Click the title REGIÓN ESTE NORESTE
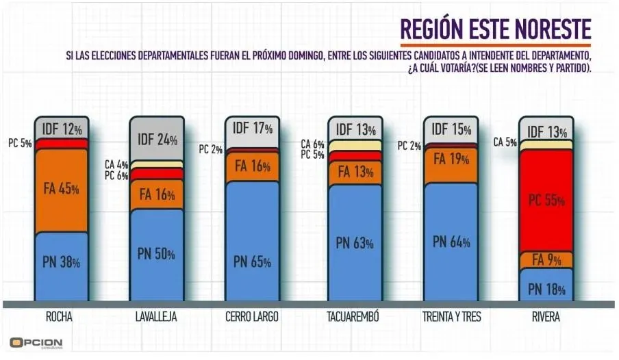(x=495, y=30)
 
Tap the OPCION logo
(x=36, y=342)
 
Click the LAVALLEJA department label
(x=157, y=318)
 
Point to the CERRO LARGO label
(x=252, y=318)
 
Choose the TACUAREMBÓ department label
(x=353, y=318)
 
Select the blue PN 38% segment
(x=62, y=262)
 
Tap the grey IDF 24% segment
(x=157, y=140)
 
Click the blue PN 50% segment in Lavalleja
(x=157, y=254)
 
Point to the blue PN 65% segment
(x=252, y=261)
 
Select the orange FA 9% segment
(x=546, y=260)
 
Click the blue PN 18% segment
(x=546, y=288)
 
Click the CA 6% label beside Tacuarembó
(x=313, y=144)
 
